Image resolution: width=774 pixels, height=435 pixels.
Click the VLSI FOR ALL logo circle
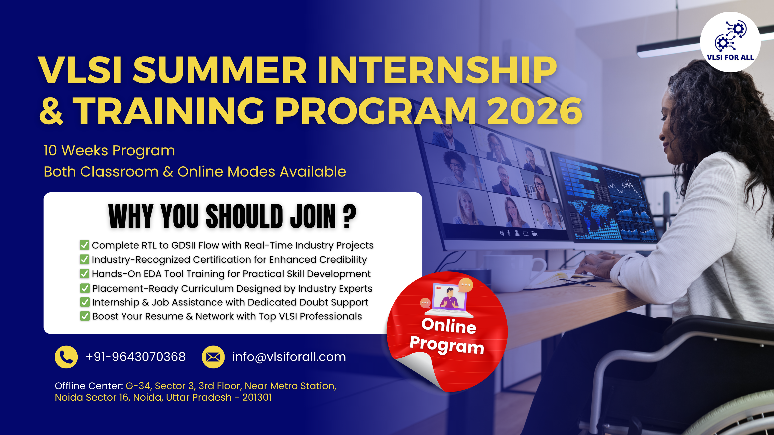[730, 42]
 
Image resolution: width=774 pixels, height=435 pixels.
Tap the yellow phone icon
[66, 357]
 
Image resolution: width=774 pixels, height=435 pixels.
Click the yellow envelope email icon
[213, 357]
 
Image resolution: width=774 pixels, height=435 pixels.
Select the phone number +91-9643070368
[135, 357]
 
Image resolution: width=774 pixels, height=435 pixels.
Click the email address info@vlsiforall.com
[289, 357]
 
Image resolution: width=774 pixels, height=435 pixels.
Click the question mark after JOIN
[349, 216]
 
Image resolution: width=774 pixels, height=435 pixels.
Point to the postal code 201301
[257, 397]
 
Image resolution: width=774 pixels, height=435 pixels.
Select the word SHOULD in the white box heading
[244, 216]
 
